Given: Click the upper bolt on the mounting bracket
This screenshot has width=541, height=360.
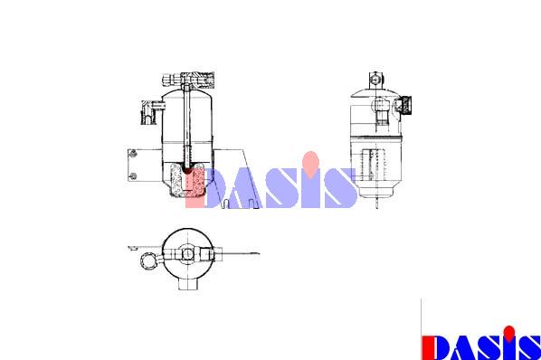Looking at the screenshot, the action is click(x=133, y=154).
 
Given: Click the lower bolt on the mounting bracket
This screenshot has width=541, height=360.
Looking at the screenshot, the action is click(x=133, y=176).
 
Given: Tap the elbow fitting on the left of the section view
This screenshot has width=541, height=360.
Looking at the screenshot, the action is click(x=150, y=112).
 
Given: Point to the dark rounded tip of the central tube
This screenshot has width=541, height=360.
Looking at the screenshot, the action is click(x=188, y=171).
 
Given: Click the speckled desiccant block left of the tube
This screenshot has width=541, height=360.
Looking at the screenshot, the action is click(x=177, y=179).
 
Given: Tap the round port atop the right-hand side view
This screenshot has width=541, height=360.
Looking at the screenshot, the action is click(x=375, y=80).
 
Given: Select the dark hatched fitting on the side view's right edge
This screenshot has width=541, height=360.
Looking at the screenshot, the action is click(x=404, y=105).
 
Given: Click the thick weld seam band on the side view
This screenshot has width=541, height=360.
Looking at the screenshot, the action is click(x=376, y=137).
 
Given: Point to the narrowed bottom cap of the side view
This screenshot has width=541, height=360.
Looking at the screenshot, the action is click(x=376, y=192).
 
